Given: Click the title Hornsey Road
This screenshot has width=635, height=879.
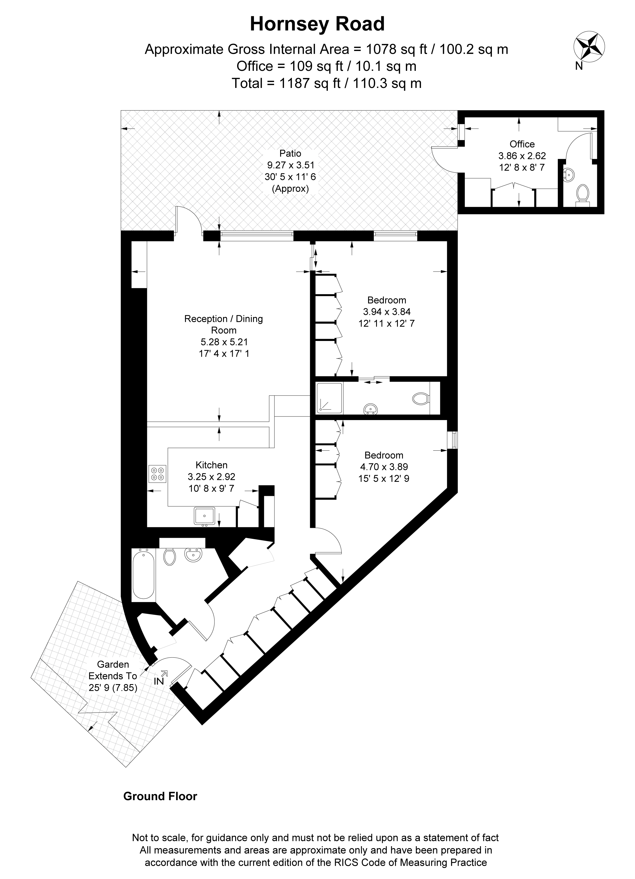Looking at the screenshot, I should coord(317,24).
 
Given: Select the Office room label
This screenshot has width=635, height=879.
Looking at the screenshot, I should coord(522,144).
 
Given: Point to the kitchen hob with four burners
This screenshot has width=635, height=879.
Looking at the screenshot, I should coord(157,474).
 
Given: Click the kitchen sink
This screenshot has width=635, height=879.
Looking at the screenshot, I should coord(204,515).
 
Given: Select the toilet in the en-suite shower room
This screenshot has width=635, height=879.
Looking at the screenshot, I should coord(420,398).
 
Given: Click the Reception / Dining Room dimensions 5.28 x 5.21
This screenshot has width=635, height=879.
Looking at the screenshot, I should coord(224,342).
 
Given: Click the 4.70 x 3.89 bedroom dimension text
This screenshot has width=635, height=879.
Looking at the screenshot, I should coord(384,467).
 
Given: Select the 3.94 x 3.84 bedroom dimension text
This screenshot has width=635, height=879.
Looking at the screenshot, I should coord(387,311).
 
